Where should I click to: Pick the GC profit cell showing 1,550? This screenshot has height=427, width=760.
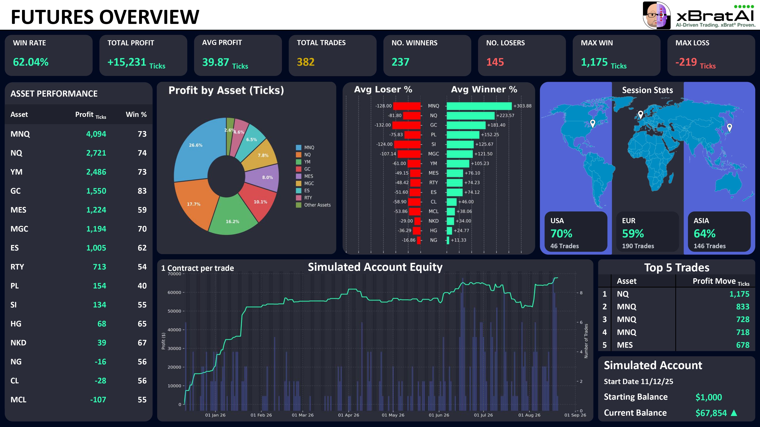[96, 191]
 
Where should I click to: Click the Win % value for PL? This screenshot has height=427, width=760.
[142, 286]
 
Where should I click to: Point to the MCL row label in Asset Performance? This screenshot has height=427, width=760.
[18, 400]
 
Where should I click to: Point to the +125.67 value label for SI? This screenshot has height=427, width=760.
[484, 144]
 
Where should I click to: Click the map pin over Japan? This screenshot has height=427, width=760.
[729, 127]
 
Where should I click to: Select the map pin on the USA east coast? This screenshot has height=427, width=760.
[592, 124]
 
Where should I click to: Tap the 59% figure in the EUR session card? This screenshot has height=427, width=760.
[633, 234]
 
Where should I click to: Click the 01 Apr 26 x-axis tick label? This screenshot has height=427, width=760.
[348, 415]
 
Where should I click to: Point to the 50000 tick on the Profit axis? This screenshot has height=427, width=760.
[174, 311]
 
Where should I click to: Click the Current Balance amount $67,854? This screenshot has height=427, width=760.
[711, 413]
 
